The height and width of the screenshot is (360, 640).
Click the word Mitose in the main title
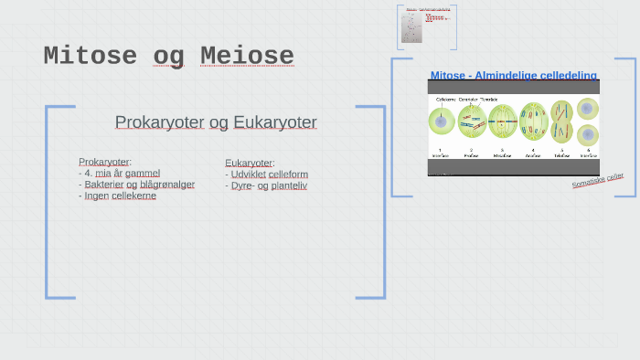[x=90, y=57]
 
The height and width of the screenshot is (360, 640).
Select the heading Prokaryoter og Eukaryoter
[x=216, y=122]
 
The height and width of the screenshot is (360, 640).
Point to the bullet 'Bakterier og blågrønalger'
[x=136, y=184]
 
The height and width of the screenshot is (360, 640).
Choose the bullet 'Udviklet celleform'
[x=266, y=174]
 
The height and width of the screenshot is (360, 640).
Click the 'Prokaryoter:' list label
[x=105, y=162]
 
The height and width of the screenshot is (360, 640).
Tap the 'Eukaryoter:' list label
[x=250, y=163]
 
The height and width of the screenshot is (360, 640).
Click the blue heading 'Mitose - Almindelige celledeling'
[x=513, y=75]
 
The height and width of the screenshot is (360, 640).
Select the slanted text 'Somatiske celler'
[x=598, y=181]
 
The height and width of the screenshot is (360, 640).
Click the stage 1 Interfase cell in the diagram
[x=441, y=121]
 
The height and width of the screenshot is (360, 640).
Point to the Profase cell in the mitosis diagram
[x=472, y=121]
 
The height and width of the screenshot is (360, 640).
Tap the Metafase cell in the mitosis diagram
[x=502, y=121]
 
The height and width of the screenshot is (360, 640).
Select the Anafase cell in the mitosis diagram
[x=533, y=121]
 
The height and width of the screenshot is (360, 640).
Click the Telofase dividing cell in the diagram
[x=561, y=121]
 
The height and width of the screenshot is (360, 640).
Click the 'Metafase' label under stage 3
[x=502, y=155]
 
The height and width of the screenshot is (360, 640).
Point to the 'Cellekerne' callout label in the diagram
[x=445, y=98]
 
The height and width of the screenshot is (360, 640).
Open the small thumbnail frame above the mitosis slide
[x=427, y=27]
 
